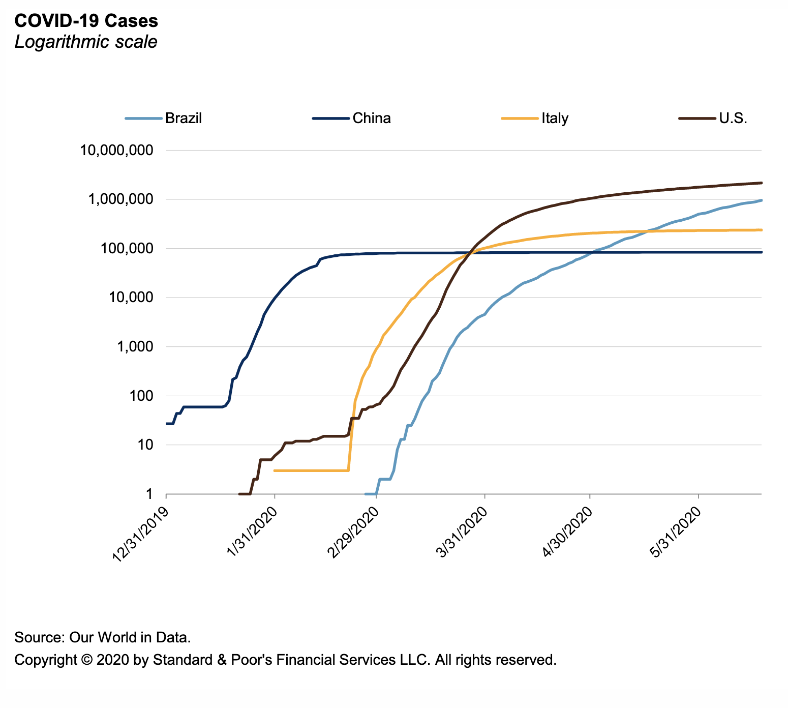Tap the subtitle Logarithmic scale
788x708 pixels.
[86, 42]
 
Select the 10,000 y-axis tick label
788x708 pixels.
[130, 298]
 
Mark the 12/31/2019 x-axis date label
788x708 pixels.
[139, 535]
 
